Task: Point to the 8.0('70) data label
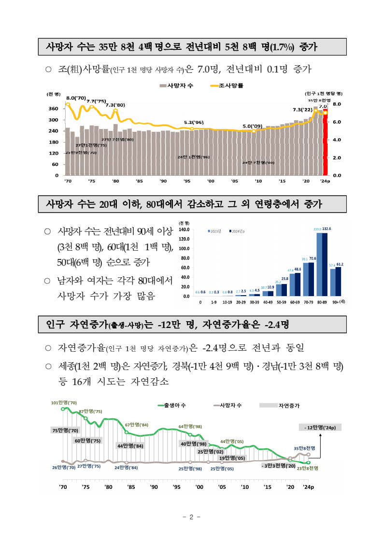coord(76,98)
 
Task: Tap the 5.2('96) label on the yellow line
coord(193,123)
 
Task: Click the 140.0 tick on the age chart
coord(184,230)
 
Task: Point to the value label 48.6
coord(298,270)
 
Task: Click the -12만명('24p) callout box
coord(320,428)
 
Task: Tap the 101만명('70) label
coord(64,402)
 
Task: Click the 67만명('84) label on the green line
coord(136,425)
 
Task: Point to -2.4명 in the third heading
coord(277,324)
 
